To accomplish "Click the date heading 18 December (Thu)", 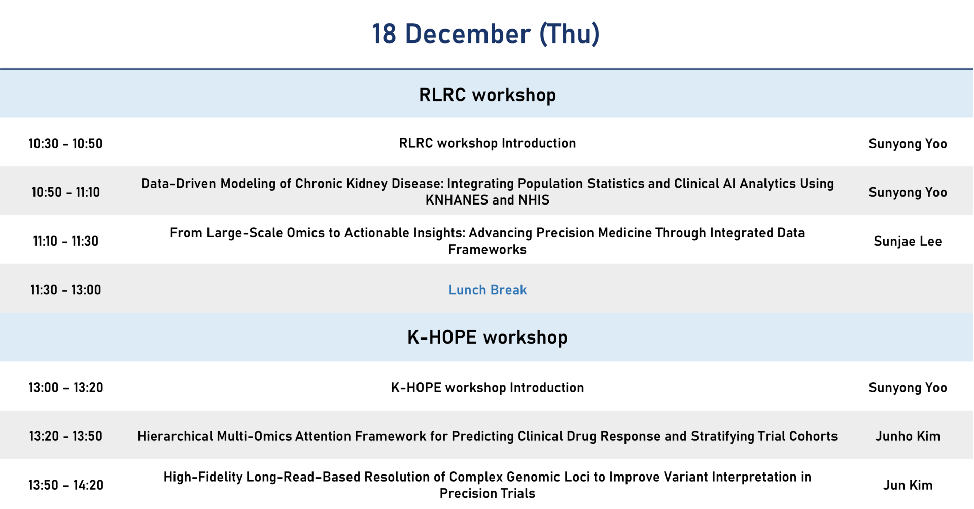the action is [x=486, y=34].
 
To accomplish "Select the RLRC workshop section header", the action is [x=487, y=95].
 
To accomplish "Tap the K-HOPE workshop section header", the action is [x=487, y=337].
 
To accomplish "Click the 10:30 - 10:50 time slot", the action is [x=65, y=144].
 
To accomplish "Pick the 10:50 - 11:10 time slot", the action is [x=65, y=192].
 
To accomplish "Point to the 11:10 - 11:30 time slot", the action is [x=65, y=241].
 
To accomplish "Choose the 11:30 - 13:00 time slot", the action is [x=65, y=290].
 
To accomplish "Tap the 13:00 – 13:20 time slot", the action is [x=65, y=388].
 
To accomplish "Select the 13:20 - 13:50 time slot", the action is [x=65, y=436].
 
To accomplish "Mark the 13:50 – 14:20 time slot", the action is [x=65, y=485].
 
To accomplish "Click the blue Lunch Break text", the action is [x=488, y=290].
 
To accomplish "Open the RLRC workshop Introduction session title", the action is [x=488, y=143].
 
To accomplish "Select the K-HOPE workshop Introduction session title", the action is [x=488, y=388].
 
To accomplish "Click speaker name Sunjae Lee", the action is [x=908, y=242].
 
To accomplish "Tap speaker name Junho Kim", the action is [x=908, y=436].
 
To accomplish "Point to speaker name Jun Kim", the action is [x=908, y=485].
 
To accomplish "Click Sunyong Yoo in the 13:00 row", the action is [x=908, y=388].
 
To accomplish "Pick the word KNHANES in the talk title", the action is [x=457, y=200].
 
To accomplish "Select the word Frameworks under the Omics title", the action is [x=488, y=250].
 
